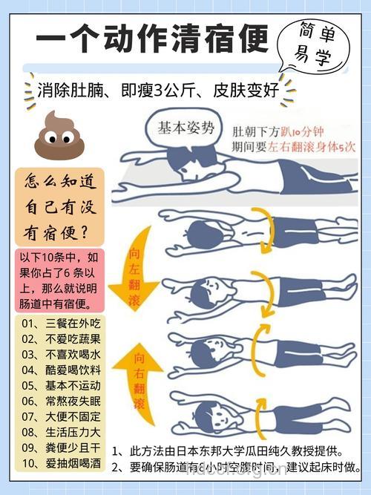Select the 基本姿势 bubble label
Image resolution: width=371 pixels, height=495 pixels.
[x=185, y=128]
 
